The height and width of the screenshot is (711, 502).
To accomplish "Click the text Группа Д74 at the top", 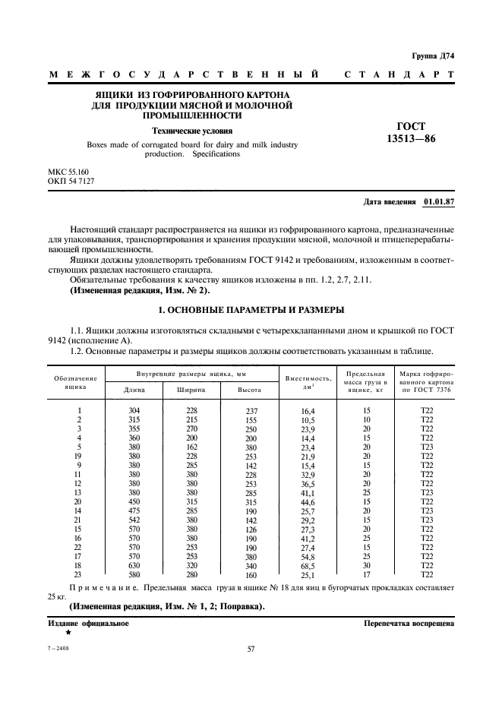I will click(432, 56).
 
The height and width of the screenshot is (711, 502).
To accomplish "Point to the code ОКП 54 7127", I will click(71, 183).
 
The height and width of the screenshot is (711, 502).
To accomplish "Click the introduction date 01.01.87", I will click(438, 202).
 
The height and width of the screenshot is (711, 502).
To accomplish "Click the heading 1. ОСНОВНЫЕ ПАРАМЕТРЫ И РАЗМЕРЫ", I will click(250, 311).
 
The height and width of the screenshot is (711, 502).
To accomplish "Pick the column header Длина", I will click(134, 389).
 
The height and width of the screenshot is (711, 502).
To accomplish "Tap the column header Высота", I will click(250, 389).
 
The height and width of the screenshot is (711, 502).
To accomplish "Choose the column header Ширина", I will click(191, 389).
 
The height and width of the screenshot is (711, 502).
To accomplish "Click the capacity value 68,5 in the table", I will click(308, 566).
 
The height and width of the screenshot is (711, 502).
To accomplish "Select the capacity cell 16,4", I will click(308, 411).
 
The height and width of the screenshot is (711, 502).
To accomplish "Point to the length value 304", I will click(134, 411).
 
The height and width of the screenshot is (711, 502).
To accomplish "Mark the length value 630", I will click(134, 566).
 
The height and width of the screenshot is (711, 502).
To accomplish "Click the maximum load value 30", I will click(367, 566).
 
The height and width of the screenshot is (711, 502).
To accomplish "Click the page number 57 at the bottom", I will click(251, 649).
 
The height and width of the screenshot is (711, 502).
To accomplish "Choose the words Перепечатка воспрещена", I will click(409, 623).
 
